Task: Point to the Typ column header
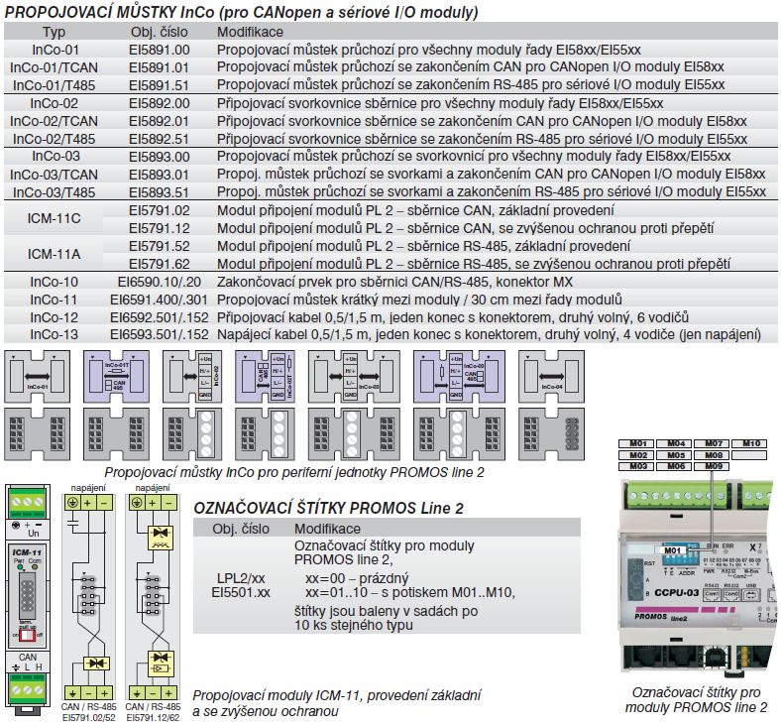[54, 32]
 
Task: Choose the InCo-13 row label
[54, 334]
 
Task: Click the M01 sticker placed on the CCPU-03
[673, 549]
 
